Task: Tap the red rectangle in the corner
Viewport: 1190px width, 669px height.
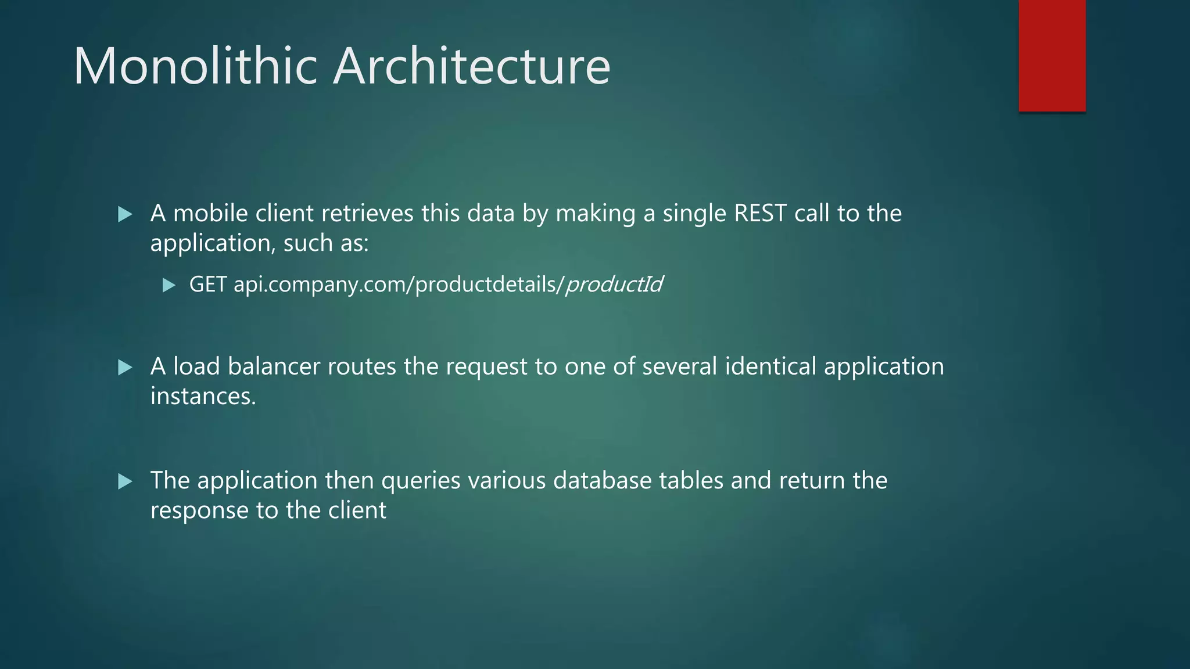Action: (x=1052, y=56)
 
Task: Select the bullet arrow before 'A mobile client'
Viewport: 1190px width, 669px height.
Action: (x=125, y=215)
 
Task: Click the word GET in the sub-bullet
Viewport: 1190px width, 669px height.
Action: (x=208, y=285)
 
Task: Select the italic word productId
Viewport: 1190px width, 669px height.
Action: (x=614, y=285)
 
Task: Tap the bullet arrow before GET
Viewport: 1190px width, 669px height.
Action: (x=169, y=285)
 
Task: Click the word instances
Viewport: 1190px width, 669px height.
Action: (x=203, y=397)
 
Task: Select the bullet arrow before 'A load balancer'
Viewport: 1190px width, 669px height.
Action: (x=125, y=368)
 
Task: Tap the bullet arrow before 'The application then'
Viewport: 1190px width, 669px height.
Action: (x=125, y=481)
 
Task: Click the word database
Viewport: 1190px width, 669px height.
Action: (x=602, y=481)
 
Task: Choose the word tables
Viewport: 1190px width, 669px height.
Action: (x=691, y=481)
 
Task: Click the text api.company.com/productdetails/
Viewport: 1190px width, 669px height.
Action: (x=399, y=285)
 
